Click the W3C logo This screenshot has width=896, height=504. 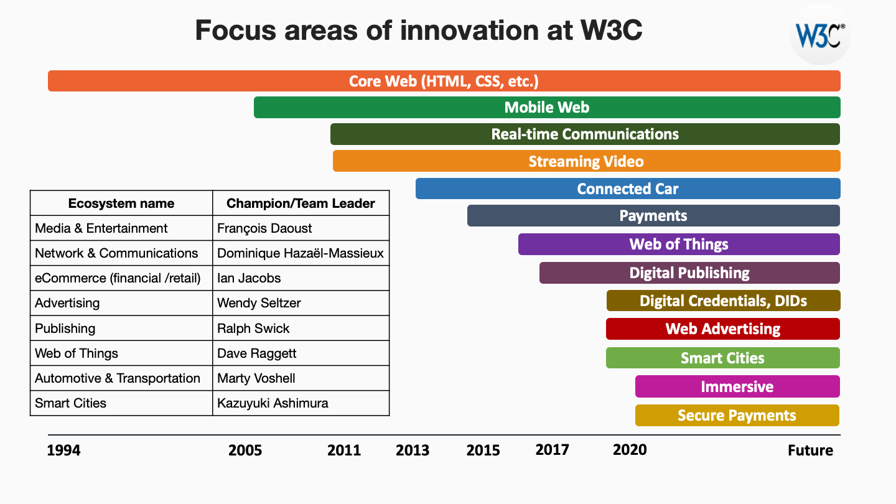819,35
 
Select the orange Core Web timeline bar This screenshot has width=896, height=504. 444,82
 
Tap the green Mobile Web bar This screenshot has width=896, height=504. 547,108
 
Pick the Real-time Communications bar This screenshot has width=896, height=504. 585,134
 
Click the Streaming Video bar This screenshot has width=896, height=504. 586,161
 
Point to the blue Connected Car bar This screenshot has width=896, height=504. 627,189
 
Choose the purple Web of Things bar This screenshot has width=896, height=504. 678,244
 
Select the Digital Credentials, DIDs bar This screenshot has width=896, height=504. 723,301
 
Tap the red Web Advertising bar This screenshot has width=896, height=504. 722,329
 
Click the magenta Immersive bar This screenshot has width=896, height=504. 737,386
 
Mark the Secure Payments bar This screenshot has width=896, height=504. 737,415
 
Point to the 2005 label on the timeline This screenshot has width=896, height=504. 245,450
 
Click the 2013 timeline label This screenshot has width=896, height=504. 413,450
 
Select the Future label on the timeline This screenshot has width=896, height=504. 810,450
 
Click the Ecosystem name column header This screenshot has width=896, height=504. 121,203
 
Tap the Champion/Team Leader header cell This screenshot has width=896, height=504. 301,203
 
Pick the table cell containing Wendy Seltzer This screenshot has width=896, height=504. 301,303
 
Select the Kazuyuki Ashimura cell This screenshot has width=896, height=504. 301,403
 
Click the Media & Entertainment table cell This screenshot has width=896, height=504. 121,228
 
